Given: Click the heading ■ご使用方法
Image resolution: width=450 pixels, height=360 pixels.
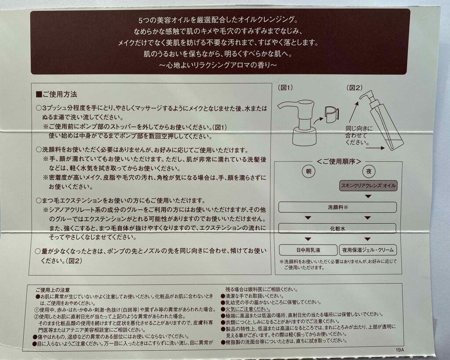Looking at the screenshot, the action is [56, 95].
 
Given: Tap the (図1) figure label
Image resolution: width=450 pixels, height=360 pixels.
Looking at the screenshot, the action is [285, 87].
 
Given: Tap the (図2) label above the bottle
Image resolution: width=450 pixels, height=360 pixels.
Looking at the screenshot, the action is [354, 87].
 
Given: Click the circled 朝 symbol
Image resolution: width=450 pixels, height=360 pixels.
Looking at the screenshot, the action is [308, 171].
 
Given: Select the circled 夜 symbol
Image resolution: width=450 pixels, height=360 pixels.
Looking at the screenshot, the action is [369, 171].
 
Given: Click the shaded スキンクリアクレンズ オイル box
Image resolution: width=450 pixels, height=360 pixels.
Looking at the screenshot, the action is [368, 186].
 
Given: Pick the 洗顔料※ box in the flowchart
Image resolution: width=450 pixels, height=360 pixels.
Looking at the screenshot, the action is [337, 207].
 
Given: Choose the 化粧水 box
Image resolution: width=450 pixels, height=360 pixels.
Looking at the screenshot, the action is [337, 229].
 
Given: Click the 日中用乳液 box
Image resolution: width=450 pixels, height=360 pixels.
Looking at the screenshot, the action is [308, 250].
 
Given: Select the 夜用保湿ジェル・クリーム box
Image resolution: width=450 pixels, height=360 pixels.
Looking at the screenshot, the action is [368, 250].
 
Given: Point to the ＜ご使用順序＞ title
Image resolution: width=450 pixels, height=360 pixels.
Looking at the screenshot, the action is [339, 162].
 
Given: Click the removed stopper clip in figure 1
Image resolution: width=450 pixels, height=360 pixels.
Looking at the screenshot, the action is [332, 114].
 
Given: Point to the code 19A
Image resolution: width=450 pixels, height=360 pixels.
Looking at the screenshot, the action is [399, 350].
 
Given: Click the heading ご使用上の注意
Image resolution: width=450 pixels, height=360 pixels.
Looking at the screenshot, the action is [53, 290].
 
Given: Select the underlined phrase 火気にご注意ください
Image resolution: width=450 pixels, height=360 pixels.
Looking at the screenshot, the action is [248, 309].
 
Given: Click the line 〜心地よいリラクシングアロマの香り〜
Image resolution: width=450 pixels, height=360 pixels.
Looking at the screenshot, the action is [218, 65].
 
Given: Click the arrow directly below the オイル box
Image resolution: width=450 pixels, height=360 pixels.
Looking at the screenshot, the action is [368, 196].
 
